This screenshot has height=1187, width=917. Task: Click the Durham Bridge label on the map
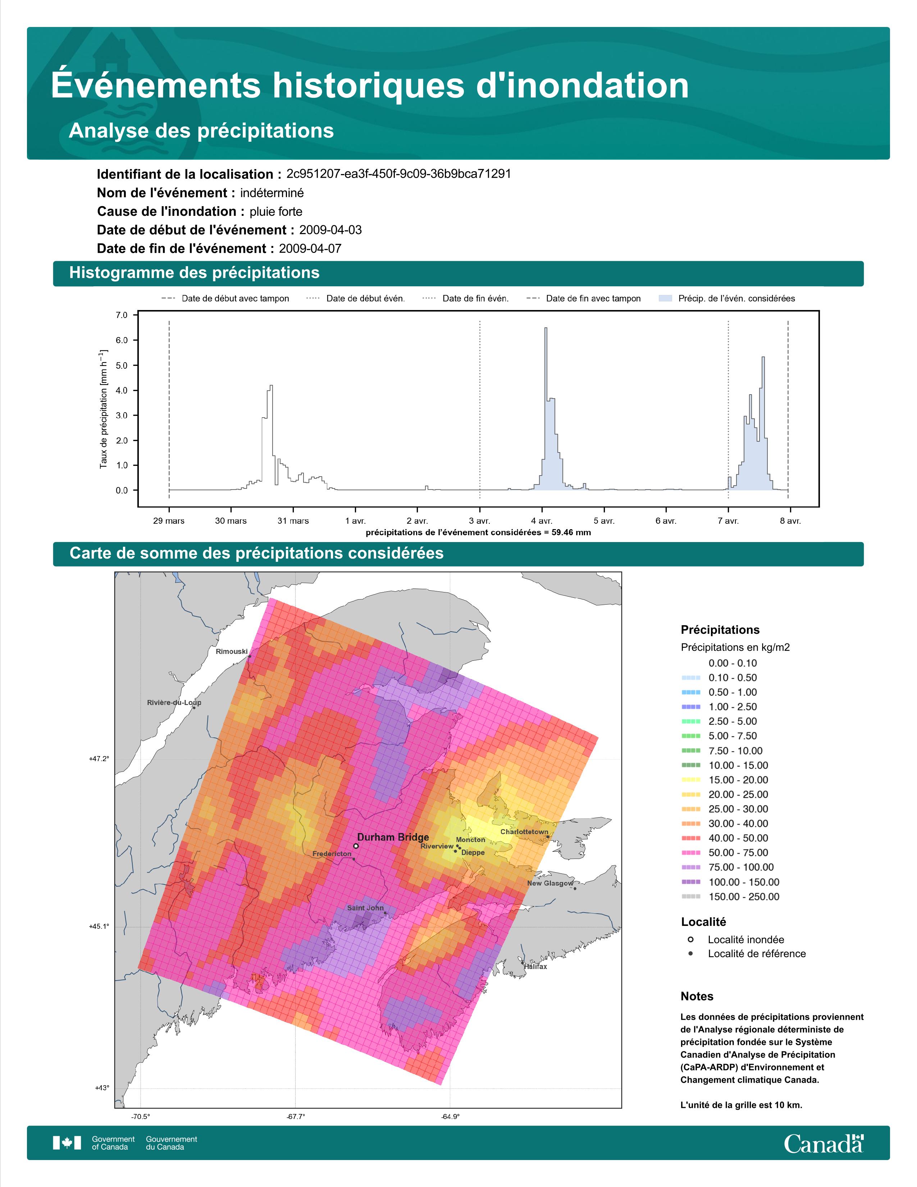point(393,837)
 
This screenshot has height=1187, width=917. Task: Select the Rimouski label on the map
point(232,652)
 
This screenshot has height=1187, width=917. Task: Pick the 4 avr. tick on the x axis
point(542,521)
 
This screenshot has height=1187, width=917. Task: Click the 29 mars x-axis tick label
point(168,521)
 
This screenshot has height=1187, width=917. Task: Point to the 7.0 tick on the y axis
point(122,315)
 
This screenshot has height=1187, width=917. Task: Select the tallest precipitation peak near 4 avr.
point(546,329)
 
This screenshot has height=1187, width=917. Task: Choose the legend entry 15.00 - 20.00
point(738,780)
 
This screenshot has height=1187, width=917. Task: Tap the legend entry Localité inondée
point(746,940)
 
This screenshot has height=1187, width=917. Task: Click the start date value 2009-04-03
point(330,230)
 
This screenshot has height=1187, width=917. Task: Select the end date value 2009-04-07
point(310,249)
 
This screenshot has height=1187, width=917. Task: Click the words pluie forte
point(276,212)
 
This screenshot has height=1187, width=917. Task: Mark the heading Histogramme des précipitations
point(195,273)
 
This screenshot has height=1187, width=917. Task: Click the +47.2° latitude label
point(99,759)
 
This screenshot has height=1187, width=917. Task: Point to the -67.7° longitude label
point(296,1117)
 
